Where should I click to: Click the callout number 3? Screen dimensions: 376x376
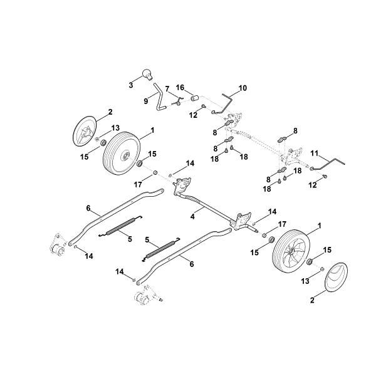click(131, 84)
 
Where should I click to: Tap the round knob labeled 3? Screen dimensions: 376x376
click(147, 75)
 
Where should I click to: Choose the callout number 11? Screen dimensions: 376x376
click(315, 153)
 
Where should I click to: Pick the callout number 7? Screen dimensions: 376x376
click(167, 88)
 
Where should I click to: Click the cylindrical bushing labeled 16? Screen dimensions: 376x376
click(194, 98)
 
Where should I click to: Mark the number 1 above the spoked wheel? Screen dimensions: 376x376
click(320, 225)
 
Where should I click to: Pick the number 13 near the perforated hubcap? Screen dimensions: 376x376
click(115, 128)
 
